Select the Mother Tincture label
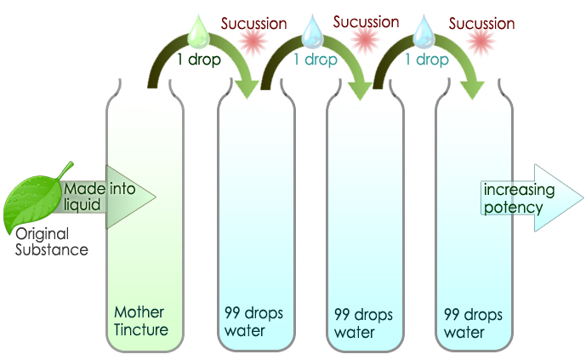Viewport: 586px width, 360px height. click(x=140, y=321)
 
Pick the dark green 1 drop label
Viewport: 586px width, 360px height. click(x=198, y=61)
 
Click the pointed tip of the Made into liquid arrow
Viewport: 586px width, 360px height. click(x=156, y=197)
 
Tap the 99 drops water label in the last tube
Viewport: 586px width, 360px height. click(x=473, y=322)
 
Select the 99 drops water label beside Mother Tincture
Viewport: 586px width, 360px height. click(x=253, y=322)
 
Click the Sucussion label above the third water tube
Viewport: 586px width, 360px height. click(x=481, y=22)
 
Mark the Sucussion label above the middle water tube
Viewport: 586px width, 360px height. click(x=366, y=21)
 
